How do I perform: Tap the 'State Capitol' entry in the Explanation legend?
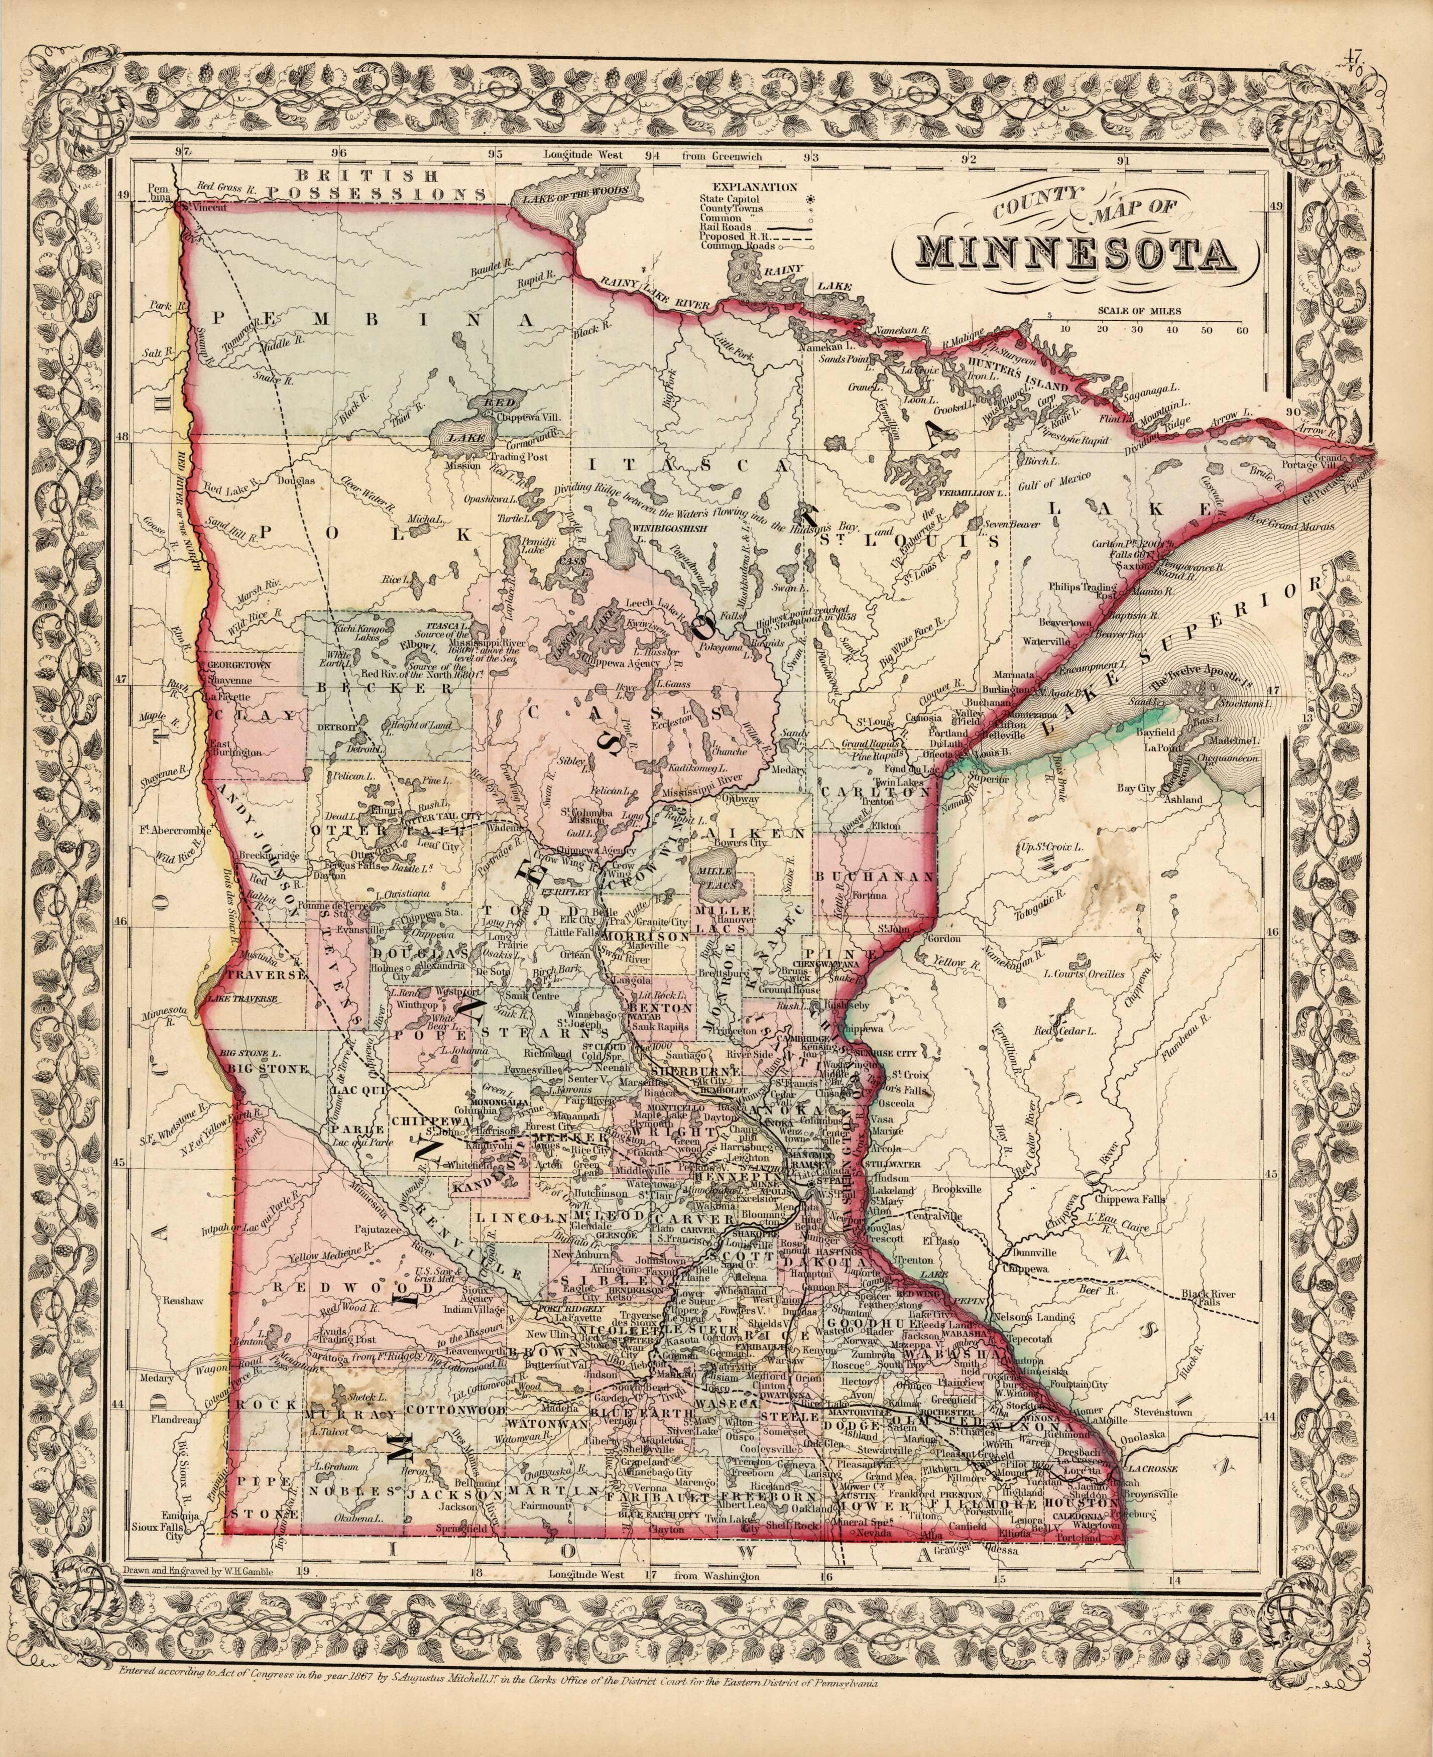[x=731, y=199]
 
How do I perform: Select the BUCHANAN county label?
[x=875, y=876]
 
